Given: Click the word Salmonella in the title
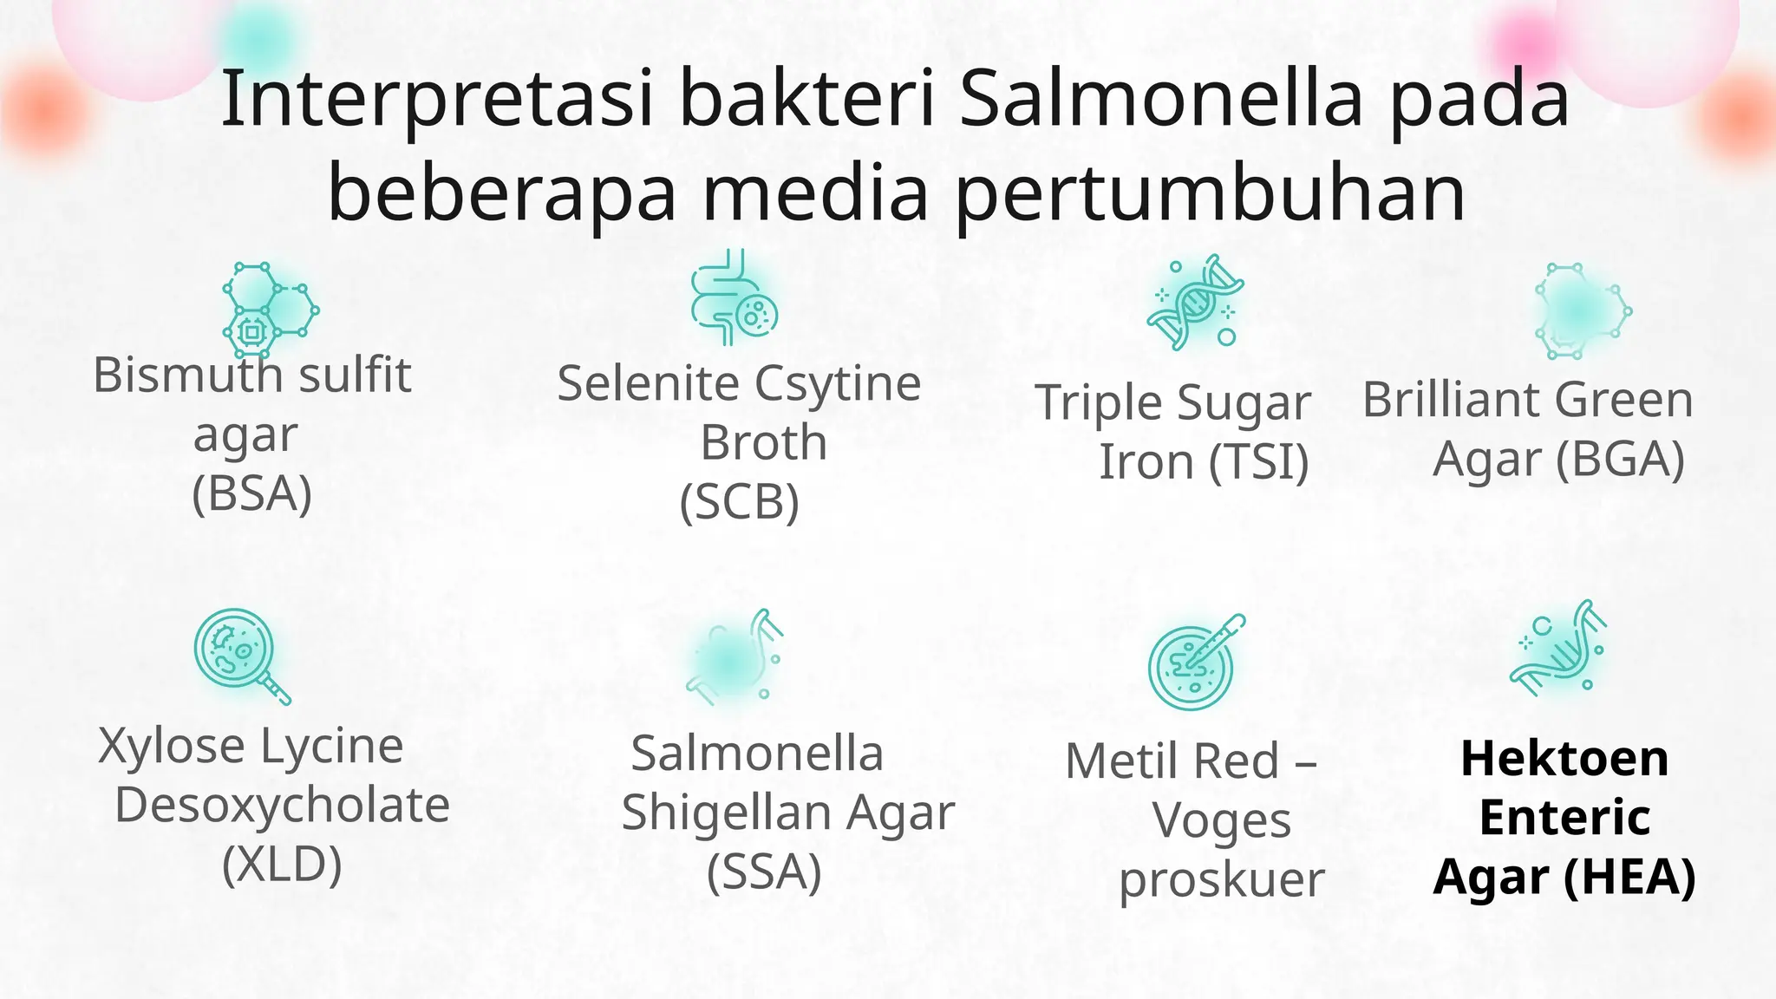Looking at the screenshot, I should pyautogui.click(x=1161, y=99).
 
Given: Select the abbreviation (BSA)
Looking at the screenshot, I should pyautogui.click(x=251, y=494).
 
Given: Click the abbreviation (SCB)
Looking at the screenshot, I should pyautogui.click(x=739, y=502).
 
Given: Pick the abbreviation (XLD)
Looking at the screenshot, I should pyautogui.click(x=282, y=865).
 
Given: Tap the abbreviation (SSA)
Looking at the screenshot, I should pyautogui.click(x=764, y=872).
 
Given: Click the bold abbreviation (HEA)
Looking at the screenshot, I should pyautogui.click(x=1629, y=877).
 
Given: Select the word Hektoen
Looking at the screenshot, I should pyautogui.click(x=1564, y=759).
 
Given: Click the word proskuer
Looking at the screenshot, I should pyautogui.click(x=1221, y=880).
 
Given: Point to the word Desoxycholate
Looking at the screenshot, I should pyautogui.click(x=282, y=806).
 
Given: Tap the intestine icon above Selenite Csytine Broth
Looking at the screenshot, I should pyautogui.click(x=734, y=299).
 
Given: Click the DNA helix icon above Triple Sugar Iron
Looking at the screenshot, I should pyautogui.click(x=1195, y=303).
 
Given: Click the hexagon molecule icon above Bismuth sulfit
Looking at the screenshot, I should pyautogui.click(x=270, y=310).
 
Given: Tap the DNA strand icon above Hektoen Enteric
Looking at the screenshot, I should pyautogui.click(x=1559, y=648).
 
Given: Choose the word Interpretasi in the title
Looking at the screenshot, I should pyautogui.click(x=436, y=99).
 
